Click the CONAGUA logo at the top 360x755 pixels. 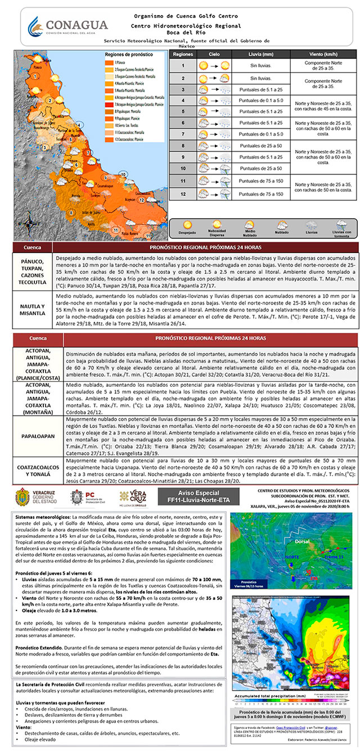(68, 26)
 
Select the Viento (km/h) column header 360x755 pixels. (323, 54)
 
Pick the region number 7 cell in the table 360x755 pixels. (183, 134)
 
